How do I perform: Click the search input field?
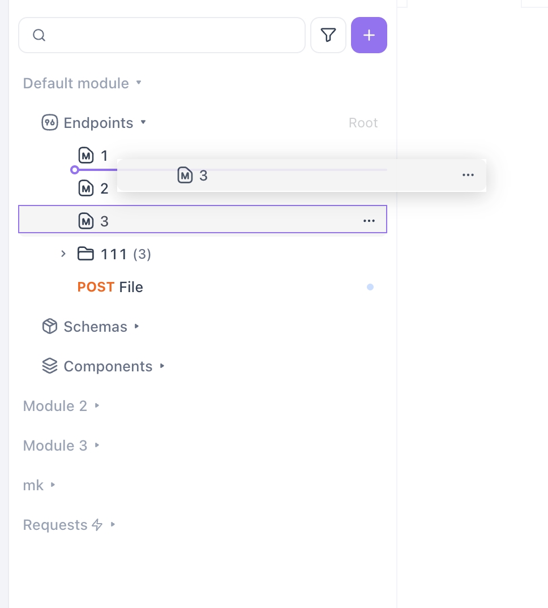(x=170, y=35)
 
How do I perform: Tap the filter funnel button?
(x=328, y=35)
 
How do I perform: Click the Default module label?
(x=76, y=83)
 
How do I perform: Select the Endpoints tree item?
(x=98, y=123)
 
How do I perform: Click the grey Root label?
(x=363, y=123)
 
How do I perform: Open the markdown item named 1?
(x=104, y=155)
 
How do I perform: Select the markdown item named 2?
(x=104, y=189)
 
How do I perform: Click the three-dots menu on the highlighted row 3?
(x=369, y=221)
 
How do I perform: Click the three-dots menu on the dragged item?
(x=468, y=175)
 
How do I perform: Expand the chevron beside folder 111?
(x=63, y=254)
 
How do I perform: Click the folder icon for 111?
(x=85, y=254)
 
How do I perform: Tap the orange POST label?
(x=96, y=287)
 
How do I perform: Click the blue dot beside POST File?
(x=370, y=287)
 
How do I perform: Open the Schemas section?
(x=95, y=327)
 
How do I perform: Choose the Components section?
(x=108, y=366)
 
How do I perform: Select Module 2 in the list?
(x=55, y=406)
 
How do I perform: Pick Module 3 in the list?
(x=55, y=446)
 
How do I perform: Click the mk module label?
(x=33, y=485)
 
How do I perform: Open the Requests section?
(x=55, y=525)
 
